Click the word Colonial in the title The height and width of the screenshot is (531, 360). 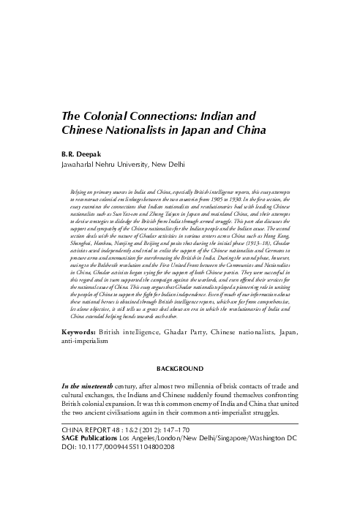click(x=102, y=116)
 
